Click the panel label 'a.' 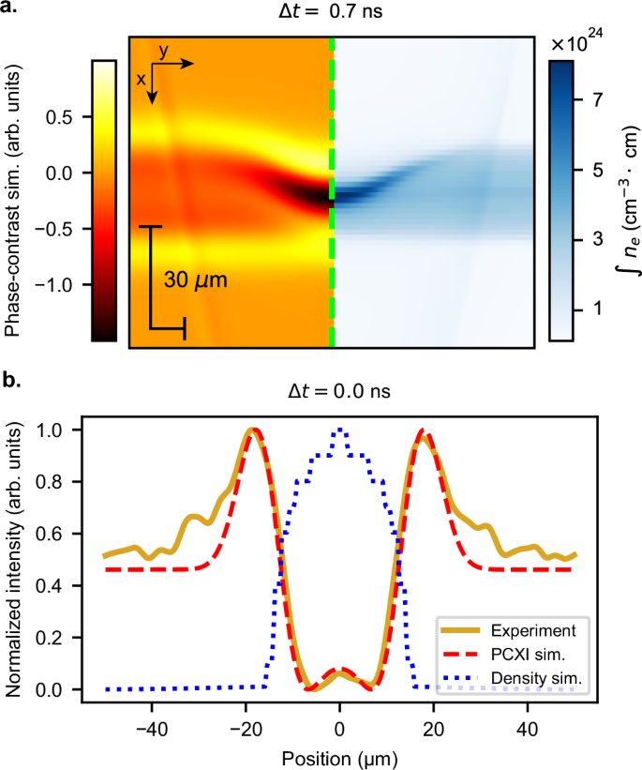click(x=12, y=12)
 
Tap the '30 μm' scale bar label click(x=196, y=280)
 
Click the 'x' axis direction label click(x=142, y=80)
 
